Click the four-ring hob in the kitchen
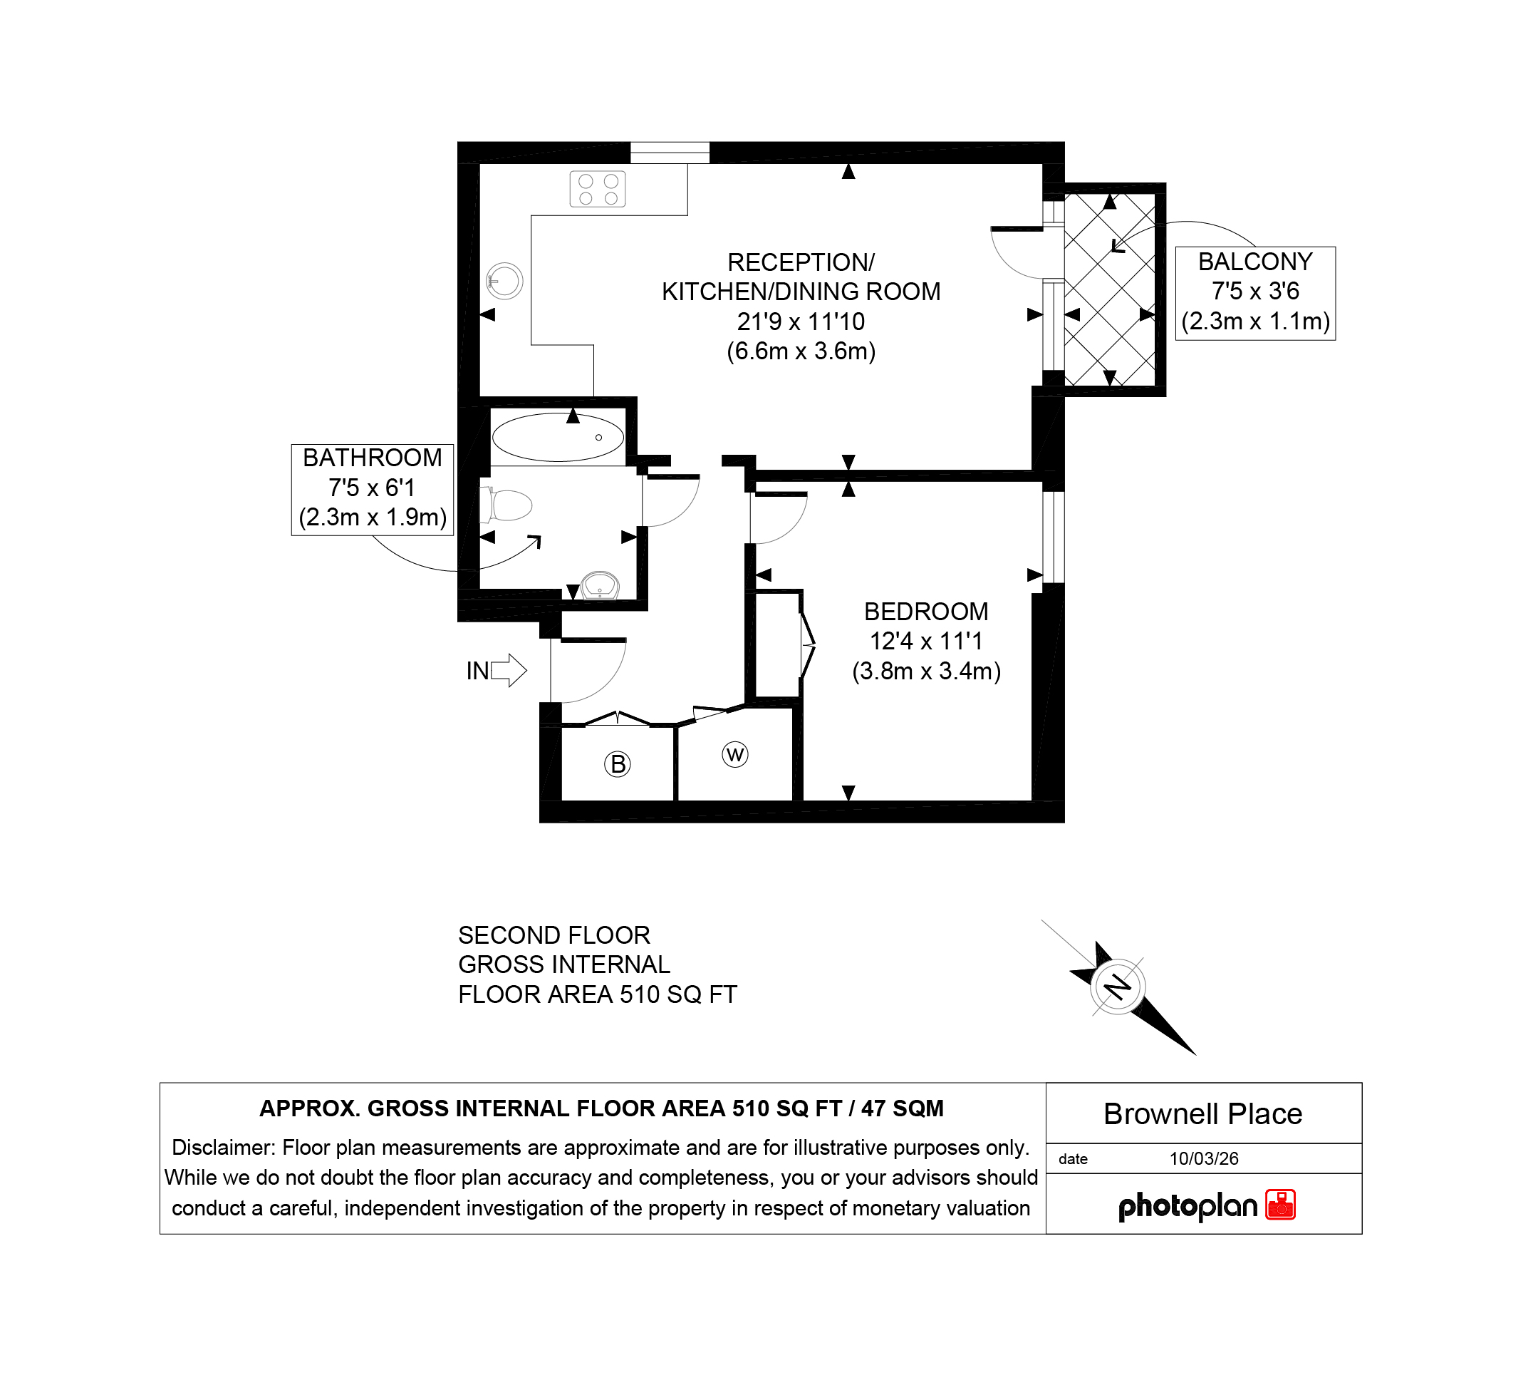[x=598, y=190]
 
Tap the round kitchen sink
[x=505, y=281]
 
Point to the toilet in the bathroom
[x=506, y=505]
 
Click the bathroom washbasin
[x=600, y=587]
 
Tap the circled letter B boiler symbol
[x=618, y=764]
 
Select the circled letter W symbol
[x=735, y=755]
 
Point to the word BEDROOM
[x=926, y=612]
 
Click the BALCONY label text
[x=1255, y=262]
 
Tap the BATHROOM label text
[x=373, y=458]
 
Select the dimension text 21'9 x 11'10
[x=801, y=322]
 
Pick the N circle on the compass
[x=1118, y=987]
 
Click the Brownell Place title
[x=1203, y=1115]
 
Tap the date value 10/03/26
[x=1204, y=1159]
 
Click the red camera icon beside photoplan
[x=1281, y=1205]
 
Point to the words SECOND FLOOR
[x=554, y=935]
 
